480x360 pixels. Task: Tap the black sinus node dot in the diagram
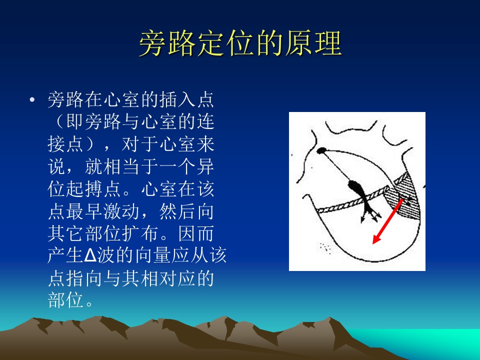tap(321, 150)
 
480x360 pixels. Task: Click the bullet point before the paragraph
tap(32, 100)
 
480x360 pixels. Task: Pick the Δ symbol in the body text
tap(90, 255)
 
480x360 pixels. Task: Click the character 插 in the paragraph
tap(168, 99)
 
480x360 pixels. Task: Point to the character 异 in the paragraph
tap(205, 167)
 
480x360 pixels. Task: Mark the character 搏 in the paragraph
tap(94, 189)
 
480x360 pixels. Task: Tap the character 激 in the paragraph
tap(112, 211)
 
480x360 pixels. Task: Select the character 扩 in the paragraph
tap(131, 233)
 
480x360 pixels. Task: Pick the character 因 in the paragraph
tap(187, 233)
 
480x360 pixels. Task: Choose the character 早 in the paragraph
tap(94, 211)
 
